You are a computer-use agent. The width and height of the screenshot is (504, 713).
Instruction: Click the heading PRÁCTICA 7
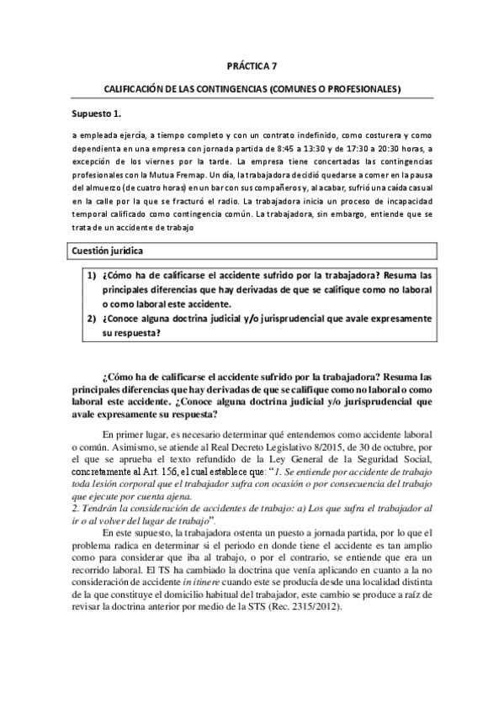tap(252, 65)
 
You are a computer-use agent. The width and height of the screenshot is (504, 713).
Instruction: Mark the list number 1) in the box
tap(91, 276)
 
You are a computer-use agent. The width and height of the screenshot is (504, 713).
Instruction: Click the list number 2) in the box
tap(91, 320)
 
